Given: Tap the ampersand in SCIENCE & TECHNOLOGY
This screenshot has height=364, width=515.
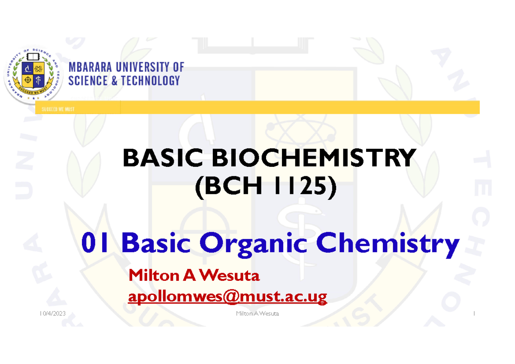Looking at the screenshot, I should (x=114, y=80).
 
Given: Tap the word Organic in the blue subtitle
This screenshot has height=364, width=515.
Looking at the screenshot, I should (x=254, y=245).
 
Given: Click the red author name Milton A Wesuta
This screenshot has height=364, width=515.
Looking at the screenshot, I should (x=194, y=276).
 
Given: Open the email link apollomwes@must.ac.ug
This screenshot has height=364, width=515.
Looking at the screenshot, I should (x=227, y=296).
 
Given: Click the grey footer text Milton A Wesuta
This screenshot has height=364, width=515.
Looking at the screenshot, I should (x=257, y=314).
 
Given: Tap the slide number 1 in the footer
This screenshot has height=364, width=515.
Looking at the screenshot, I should (x=473, y=314).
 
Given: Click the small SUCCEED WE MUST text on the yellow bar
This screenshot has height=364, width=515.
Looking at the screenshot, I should (x=58, y=109).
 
